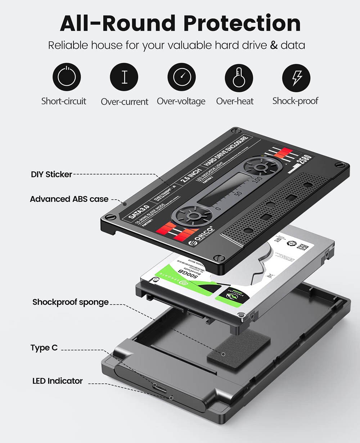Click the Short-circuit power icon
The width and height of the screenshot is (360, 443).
[x=67, y=78]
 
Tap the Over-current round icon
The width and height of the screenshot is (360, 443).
[x=124, y=78]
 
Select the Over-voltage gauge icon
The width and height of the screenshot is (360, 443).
[x=181, y=78]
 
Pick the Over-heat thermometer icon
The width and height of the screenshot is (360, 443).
[x=239, y=78]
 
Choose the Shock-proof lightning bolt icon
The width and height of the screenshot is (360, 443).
[x=296, y=78]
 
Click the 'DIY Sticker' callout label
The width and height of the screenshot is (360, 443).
[x=51, y=175]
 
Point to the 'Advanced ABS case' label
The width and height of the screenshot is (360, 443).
[x=69, y=199]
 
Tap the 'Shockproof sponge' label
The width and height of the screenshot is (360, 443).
[x=71, y=302]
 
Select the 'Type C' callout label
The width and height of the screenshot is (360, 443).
[x=44, y=348]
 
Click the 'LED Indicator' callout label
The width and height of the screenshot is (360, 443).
[x=58, y=381]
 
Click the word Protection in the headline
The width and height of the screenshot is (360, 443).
[x=242, y=23]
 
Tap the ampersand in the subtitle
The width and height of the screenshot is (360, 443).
[x=274, y=46]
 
